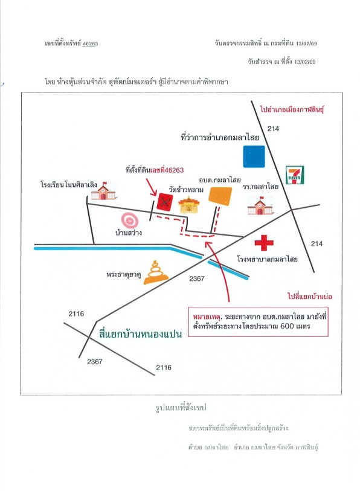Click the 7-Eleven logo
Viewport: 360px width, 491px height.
[x=295, y=175]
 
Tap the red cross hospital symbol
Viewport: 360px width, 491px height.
[x=264, y=243]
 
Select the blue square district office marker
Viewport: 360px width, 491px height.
[x=254, y=156]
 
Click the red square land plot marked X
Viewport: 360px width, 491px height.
[x=165, y=201]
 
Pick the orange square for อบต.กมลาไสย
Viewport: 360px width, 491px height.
[x=220, y=196]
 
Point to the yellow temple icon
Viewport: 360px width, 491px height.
[x=188, y=205]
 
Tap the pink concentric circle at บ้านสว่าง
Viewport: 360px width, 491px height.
[x=130, y=220]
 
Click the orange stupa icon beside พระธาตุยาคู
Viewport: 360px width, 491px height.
[x=156, y=272]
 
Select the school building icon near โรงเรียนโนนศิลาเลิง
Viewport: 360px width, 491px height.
[x=104, y=191]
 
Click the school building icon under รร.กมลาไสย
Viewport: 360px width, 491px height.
[x=260, y=206]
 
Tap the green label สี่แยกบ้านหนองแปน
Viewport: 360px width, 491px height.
[x=140, y=333]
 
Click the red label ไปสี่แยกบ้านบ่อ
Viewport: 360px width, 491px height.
[x=309, y=296]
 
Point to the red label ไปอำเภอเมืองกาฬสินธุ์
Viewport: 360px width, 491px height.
[x=292, y=109]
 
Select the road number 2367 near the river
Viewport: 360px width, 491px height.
[x=197, y=278]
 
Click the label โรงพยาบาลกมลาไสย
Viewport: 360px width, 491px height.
[x=267, y=259]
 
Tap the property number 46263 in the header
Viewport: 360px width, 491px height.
[x=90, y=43]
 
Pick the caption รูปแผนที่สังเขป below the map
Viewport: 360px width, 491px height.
[x=181, y=408]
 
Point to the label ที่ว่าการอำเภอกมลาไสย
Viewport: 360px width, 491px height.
[x=220, y=137]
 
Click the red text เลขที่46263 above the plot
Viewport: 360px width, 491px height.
[x=167, y=170]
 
